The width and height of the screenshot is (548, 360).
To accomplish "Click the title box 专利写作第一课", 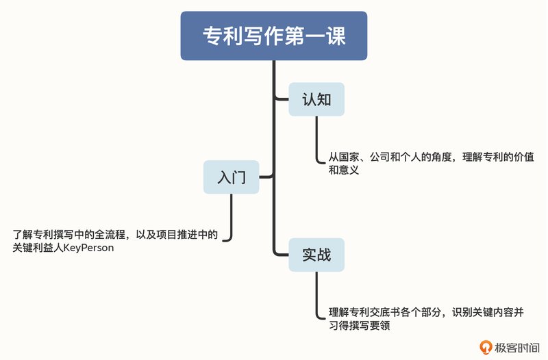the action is (x=273, y=36).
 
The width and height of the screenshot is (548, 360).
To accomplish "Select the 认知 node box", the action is (x=316, y=99).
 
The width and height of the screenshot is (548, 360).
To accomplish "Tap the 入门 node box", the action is (x=232, y=177).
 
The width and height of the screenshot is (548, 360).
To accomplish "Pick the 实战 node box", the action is (x=316, y=255).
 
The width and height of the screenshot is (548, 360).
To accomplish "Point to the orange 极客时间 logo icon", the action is (x=486, y=347).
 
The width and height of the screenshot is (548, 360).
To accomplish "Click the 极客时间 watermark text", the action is (x=517, y=348).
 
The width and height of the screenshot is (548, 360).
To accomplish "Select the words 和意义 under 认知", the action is (x=344, y=170).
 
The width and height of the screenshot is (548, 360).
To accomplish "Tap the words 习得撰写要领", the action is (x=359, y=325).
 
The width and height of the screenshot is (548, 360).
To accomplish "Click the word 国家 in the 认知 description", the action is (x=349, y=157).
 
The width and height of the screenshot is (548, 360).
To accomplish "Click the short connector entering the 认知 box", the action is (x=282, y=99).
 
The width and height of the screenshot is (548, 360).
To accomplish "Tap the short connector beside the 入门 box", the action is (x=266, y=177).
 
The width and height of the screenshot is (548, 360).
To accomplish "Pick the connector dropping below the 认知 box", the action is (x=316, y=140).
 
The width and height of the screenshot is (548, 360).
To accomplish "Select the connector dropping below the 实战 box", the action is (x=316, y=295).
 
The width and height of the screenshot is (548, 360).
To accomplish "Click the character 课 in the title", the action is (x=336, y=36).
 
